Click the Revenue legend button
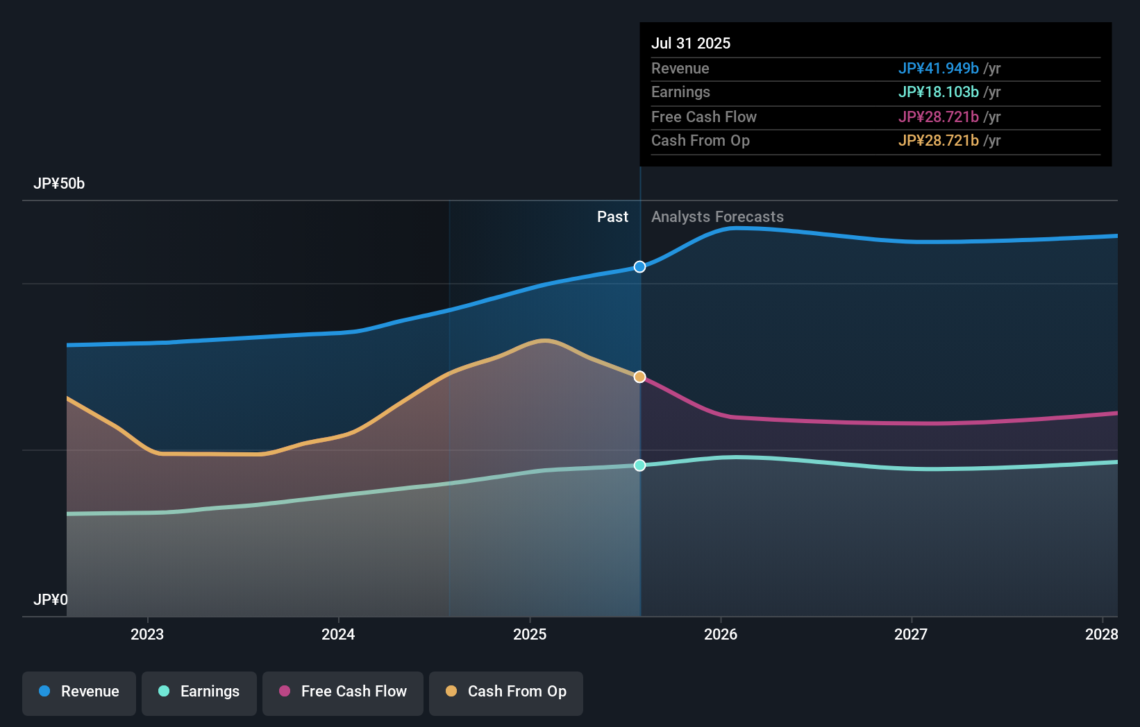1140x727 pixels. (79, 692)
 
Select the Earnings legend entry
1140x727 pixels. (199, 692)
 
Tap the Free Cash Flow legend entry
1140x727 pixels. (343, 692)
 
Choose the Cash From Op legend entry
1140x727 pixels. (506, 692)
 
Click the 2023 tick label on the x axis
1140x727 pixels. (147, 634)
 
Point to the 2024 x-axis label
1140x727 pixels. (338, 634)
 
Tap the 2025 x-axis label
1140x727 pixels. (530, 634)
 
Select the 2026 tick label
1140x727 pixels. (721, 634)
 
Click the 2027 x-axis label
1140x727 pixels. (911, 634)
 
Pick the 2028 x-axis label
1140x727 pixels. (1102, 634)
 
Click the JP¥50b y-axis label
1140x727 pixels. (59, 184)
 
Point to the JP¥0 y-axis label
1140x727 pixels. (51, 600)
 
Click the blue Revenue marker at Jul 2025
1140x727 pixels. (639, 267)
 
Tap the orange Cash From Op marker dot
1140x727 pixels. (639, 377)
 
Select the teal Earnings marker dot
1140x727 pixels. (639, 465)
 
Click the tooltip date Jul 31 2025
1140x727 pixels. (691, 43)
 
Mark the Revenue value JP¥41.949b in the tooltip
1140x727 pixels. (938, 69)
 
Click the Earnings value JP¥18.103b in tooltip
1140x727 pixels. (938, 92)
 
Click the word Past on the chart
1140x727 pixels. (612, 217)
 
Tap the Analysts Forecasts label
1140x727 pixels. (717, 217)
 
